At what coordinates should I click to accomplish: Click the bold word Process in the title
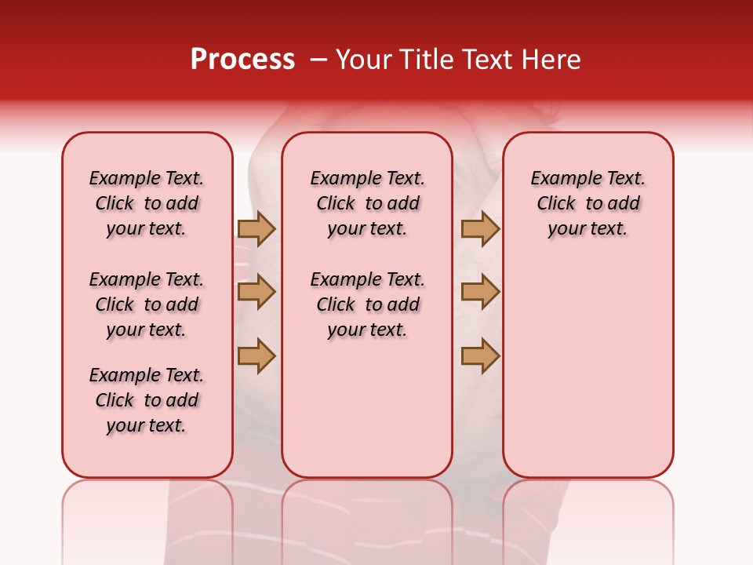pyautogui.click(x=242, y=60)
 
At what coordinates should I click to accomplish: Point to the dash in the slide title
pyautogui.click(x=318, y=60)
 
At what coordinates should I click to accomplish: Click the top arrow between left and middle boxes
pyautogui.click(x=256, y=228)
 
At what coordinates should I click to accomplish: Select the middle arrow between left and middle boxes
pyautogui.click(x=256, y=293)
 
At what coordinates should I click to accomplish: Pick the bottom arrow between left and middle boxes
pyautogui.click(x=256, y=356)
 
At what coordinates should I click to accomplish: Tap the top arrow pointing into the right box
pyautogui.click(x=480, y=228)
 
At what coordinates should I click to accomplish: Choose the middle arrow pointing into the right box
pyautogui.click(x=480, y=293)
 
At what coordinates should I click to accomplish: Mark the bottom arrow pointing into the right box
pyautogui.click(x=480, y=356)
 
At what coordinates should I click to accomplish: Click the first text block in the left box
pyautogui.click(x=147, y=203)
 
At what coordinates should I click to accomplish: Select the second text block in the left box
pyautogui.click(x=147, y=304)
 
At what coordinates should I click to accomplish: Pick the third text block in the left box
pyautogui.click(x=147, y=400)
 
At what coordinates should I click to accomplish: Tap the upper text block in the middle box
pyautogui.click(x=367, y=203)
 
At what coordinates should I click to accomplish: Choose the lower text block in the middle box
pyautogui.click(x=367, y=304)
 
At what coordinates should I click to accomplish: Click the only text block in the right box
pyautogui.click(x=588, y=203)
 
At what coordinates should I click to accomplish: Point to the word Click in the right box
pyautogui.click(x=556, y=204)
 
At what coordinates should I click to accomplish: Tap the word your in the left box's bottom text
pyautogui.click(x=123, y=426)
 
